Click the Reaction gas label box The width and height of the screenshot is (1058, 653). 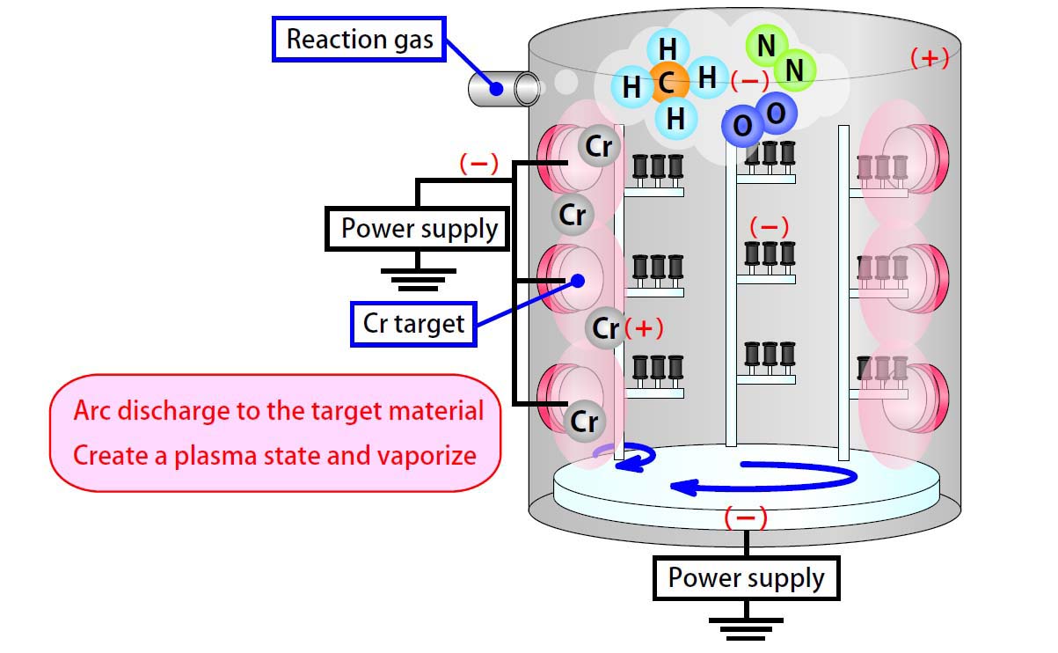tap(361, 40)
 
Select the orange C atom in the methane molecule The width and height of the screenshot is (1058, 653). tap(667, 84)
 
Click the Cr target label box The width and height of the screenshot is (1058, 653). tap(413, 324)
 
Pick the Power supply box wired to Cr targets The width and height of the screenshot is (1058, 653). tap(419, 230)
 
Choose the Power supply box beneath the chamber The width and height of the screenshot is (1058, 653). tap(746, 578)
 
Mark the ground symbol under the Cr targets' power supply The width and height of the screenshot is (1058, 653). tap(419, 279)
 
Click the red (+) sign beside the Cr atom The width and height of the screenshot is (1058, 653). tap(644, 328)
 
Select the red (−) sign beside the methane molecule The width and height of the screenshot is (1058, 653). tap(749, 80)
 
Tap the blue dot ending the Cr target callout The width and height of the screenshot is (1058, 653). tap(578, 281)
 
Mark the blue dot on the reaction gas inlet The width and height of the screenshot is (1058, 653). tap(497, 88)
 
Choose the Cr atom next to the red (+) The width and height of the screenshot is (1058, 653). tap(606, 328)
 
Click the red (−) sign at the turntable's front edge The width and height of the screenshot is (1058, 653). tap(746, 517)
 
